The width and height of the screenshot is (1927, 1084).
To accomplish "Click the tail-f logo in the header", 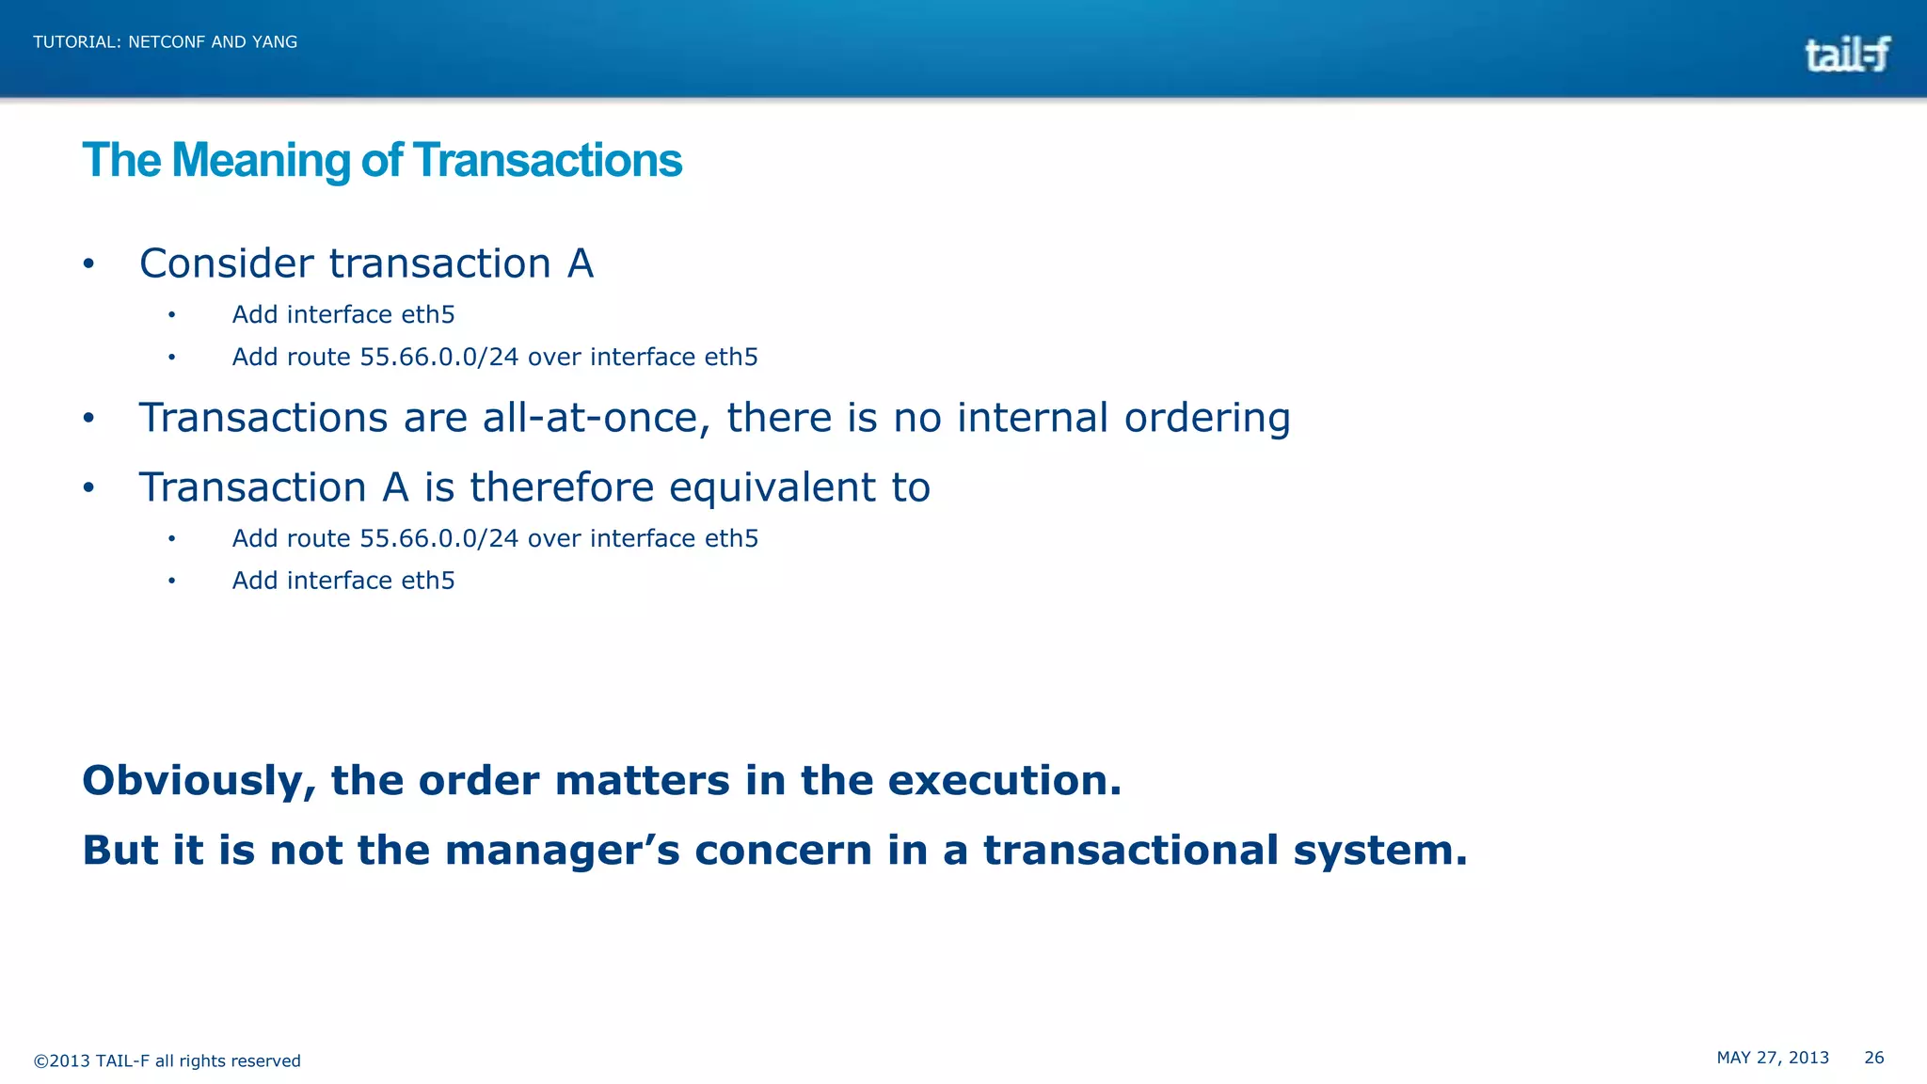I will pos(1847,55).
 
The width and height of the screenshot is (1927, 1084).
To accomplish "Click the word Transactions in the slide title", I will pos(547,161).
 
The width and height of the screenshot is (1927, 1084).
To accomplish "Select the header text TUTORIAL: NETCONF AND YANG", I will pos(166,42).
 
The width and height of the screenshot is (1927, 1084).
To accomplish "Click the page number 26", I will pos(1873,1058).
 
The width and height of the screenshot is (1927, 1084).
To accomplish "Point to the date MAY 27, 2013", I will pos(1773,1058).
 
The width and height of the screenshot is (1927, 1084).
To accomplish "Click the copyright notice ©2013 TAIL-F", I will pos(167,1061).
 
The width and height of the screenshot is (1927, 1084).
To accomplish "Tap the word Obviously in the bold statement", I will pos(199,781).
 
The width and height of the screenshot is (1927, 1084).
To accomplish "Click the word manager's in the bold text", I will pos(562,851).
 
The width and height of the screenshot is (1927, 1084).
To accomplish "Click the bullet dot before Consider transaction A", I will pos(88,264).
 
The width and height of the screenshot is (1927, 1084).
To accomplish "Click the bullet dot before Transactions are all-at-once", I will pos(88,419).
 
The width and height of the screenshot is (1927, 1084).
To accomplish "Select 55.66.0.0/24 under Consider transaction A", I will pos(439,358).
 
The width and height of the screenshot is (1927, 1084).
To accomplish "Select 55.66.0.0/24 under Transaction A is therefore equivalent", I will pos(439,539).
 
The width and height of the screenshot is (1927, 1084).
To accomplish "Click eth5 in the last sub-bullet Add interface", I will pos(428,581).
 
